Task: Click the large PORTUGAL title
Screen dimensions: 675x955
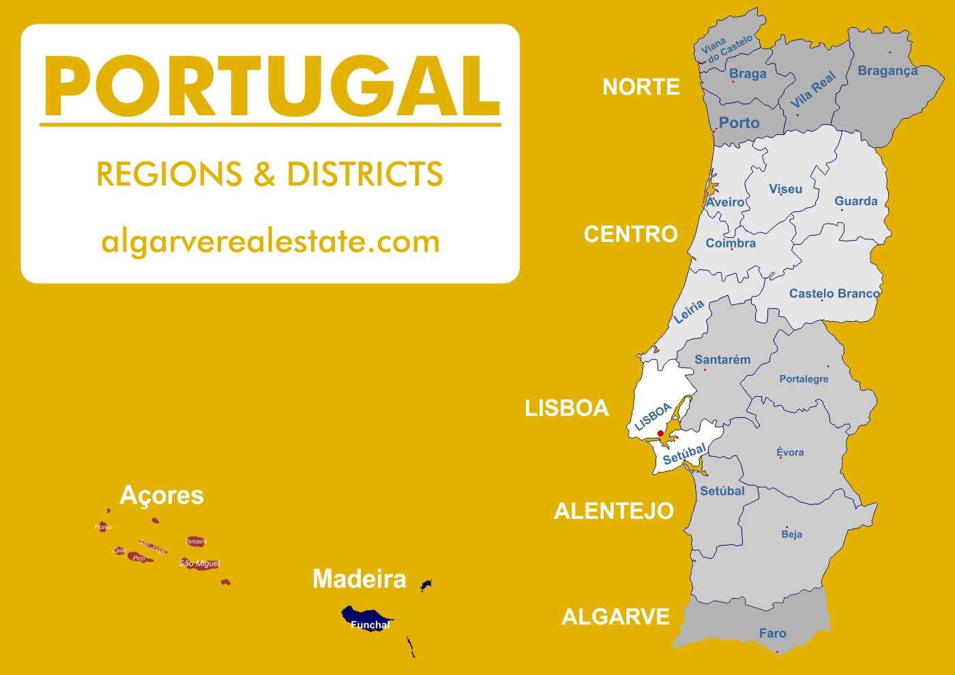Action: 271,87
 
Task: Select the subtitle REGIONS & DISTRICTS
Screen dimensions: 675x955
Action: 269,175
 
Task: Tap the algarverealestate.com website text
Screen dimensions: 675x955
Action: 270,242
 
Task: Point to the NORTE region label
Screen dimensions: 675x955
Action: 641,87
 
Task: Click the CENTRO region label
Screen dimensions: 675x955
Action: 630,235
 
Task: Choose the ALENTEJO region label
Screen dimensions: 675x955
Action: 613,511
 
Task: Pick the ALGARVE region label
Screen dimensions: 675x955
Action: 615,617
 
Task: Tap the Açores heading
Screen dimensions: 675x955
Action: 162,496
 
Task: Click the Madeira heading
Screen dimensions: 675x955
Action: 359,580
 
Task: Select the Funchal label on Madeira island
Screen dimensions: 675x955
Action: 370,625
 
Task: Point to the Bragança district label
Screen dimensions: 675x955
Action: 887,71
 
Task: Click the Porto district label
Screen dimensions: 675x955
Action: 739,123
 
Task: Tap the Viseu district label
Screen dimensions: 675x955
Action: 785,189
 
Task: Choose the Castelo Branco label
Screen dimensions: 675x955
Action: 834,294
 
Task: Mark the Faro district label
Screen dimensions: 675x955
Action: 772,633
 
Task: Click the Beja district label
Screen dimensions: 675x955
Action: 791,535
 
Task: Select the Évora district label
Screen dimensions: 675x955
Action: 790,452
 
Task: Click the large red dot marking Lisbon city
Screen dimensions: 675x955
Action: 660,434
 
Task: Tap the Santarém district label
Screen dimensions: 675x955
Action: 722,360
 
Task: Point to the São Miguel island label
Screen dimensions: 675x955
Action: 199,563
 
